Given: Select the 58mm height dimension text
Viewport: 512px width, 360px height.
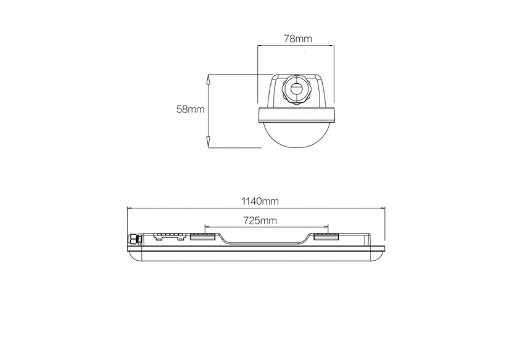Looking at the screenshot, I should tap(190, 109).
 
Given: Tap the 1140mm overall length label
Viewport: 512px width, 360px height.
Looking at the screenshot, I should tap(256, 202).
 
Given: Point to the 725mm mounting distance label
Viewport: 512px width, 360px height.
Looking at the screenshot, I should tap(260, 220).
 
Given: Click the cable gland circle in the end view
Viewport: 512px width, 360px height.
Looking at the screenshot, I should tap(295, 89).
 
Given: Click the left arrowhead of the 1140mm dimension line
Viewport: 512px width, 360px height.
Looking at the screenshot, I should tap(129, 208).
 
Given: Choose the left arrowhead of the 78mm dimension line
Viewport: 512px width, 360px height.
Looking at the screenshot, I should tap(259, 45).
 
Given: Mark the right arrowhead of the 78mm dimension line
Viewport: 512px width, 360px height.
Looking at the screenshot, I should tap(332, 45).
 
